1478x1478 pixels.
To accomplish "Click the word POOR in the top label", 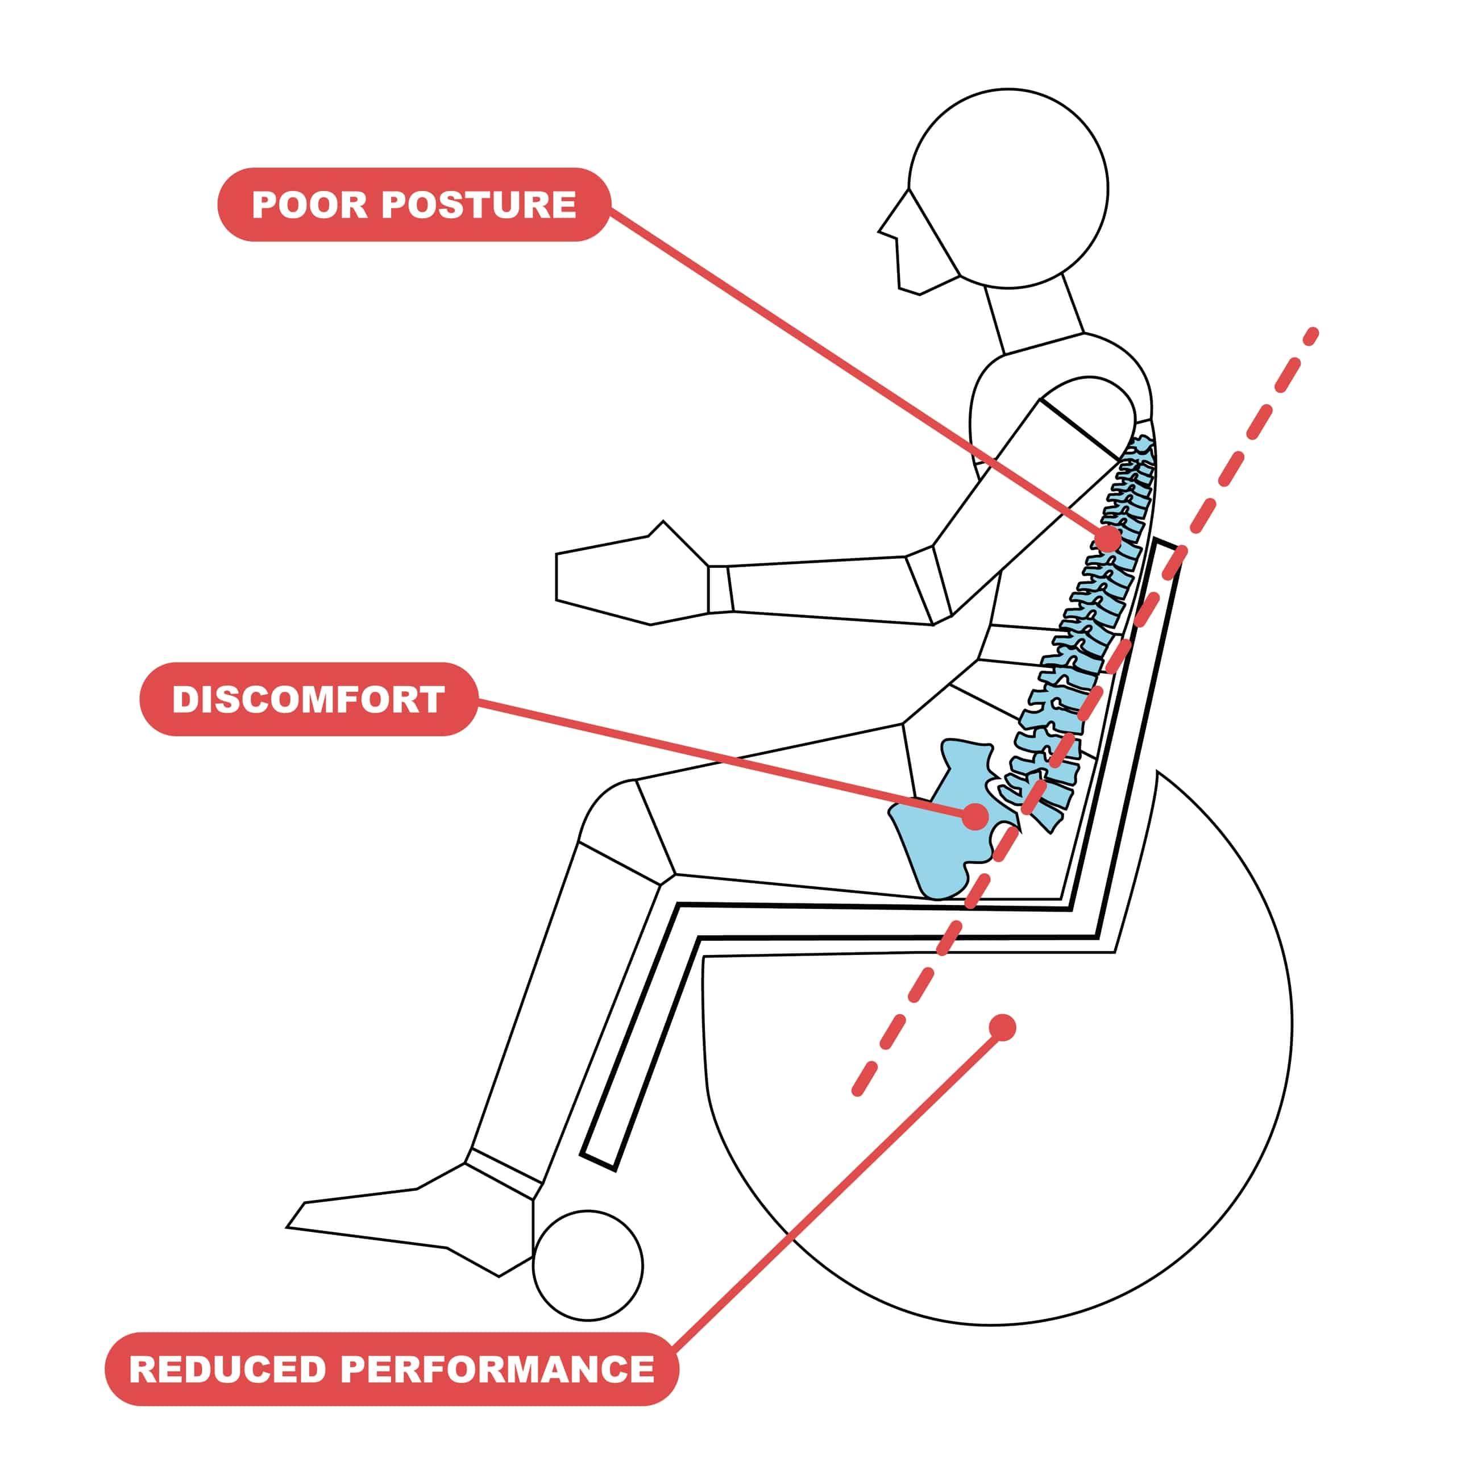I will pyautogui.click(x=309, y=205).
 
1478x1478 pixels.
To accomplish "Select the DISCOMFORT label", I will pyautogui.click(x=308, y=699).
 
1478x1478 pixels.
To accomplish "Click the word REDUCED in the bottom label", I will pyautogui.click(x=227, y=1369).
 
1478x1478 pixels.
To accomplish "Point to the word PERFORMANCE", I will pyautogui.click(x=497, y=1369).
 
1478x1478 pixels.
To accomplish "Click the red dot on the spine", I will pyautogui.click(x=1107, y=538).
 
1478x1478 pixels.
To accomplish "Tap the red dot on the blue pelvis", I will pyautogui.click(x=974, y=816).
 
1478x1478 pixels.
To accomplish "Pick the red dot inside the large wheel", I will pyautogui.click(x=1002, y=1027).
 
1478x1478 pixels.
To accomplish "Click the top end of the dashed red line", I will pyautogui.click(x=1313, y=334).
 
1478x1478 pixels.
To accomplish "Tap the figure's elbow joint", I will pyautogui.click(x=929, y=586).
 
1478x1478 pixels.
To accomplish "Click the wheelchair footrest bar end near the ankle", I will pyautogui.click(x=599, y=1161).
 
